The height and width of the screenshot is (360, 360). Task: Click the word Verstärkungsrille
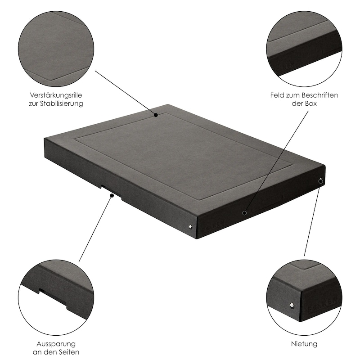click(56, 95)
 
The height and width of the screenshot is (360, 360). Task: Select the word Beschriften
click(320, 95)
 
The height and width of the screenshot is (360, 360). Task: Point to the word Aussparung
click(56, 344)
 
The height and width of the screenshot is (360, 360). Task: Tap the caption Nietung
click(304, 344)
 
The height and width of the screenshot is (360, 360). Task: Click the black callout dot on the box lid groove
click(156, 115)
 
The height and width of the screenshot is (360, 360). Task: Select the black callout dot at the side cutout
click(112, 195)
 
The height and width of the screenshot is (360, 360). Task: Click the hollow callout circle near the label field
click(244, 213)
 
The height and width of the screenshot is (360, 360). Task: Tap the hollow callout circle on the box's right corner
click(321, 181)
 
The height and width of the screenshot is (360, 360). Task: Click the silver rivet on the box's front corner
click(190, 227)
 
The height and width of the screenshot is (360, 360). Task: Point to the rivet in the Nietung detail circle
click(292, 306)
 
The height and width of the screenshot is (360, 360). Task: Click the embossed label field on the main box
click(267, 203)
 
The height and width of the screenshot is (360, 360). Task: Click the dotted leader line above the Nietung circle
click(312, 220)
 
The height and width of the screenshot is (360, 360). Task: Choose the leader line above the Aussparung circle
click(95, 229)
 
